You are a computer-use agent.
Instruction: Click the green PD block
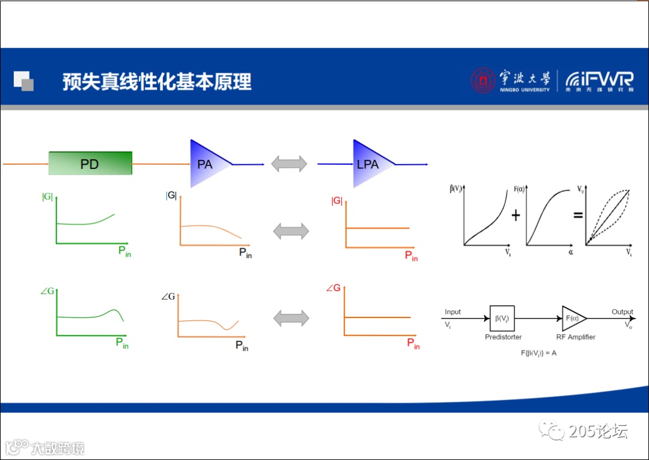pos(90,164)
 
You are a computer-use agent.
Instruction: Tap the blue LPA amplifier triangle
pos(369,164)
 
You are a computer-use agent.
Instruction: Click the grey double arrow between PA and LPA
pos(289,164)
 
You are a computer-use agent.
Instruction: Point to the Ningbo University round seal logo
pos(483,81)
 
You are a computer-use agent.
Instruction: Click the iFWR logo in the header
pos(599,81)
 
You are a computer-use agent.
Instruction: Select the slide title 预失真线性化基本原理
pos(157,81)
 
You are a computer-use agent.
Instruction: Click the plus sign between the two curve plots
pos(516,215)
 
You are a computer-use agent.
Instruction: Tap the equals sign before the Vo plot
pos(578,214)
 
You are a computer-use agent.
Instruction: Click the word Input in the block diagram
pos(452,312)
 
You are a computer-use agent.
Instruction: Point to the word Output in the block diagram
pos(622,312)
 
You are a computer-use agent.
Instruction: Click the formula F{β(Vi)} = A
pos(538,353)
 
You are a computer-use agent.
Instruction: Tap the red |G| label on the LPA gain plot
pos(337,201)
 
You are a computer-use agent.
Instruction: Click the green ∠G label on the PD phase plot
pos(47,291)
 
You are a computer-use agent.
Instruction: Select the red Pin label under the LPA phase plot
pos(413,343)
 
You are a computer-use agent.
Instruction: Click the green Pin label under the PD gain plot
pos(124,251)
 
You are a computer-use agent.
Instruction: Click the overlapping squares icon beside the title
pos(23,81)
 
